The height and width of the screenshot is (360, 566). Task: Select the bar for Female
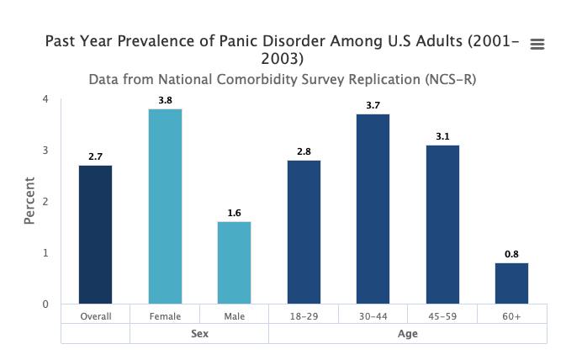tap(165, 206)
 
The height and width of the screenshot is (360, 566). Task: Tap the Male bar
tap(234, 262)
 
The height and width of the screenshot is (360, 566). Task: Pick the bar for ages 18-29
tap(304, 231)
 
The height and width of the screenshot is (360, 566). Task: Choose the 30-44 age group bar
tap(373, 209)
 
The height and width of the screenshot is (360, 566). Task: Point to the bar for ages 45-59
tap(442, 224)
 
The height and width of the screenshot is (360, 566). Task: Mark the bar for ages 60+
tap(511, 283)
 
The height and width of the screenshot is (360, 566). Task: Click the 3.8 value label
tap(165, 101)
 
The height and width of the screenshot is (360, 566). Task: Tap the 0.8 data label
tap(511, 255)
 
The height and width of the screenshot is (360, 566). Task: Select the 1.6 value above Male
tap(234, 214)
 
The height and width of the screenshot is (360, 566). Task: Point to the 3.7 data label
tap(373, 106)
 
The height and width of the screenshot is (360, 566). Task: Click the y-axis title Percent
tap(30, 200)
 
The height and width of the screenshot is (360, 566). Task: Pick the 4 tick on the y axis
tap(45, 99)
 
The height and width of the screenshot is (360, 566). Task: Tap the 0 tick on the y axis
tap(45, 304)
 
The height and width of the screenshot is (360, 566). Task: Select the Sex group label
tap(199, 334)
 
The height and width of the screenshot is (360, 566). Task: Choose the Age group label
tap(407, 334)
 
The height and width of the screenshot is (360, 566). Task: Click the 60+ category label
tap(511, 316)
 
